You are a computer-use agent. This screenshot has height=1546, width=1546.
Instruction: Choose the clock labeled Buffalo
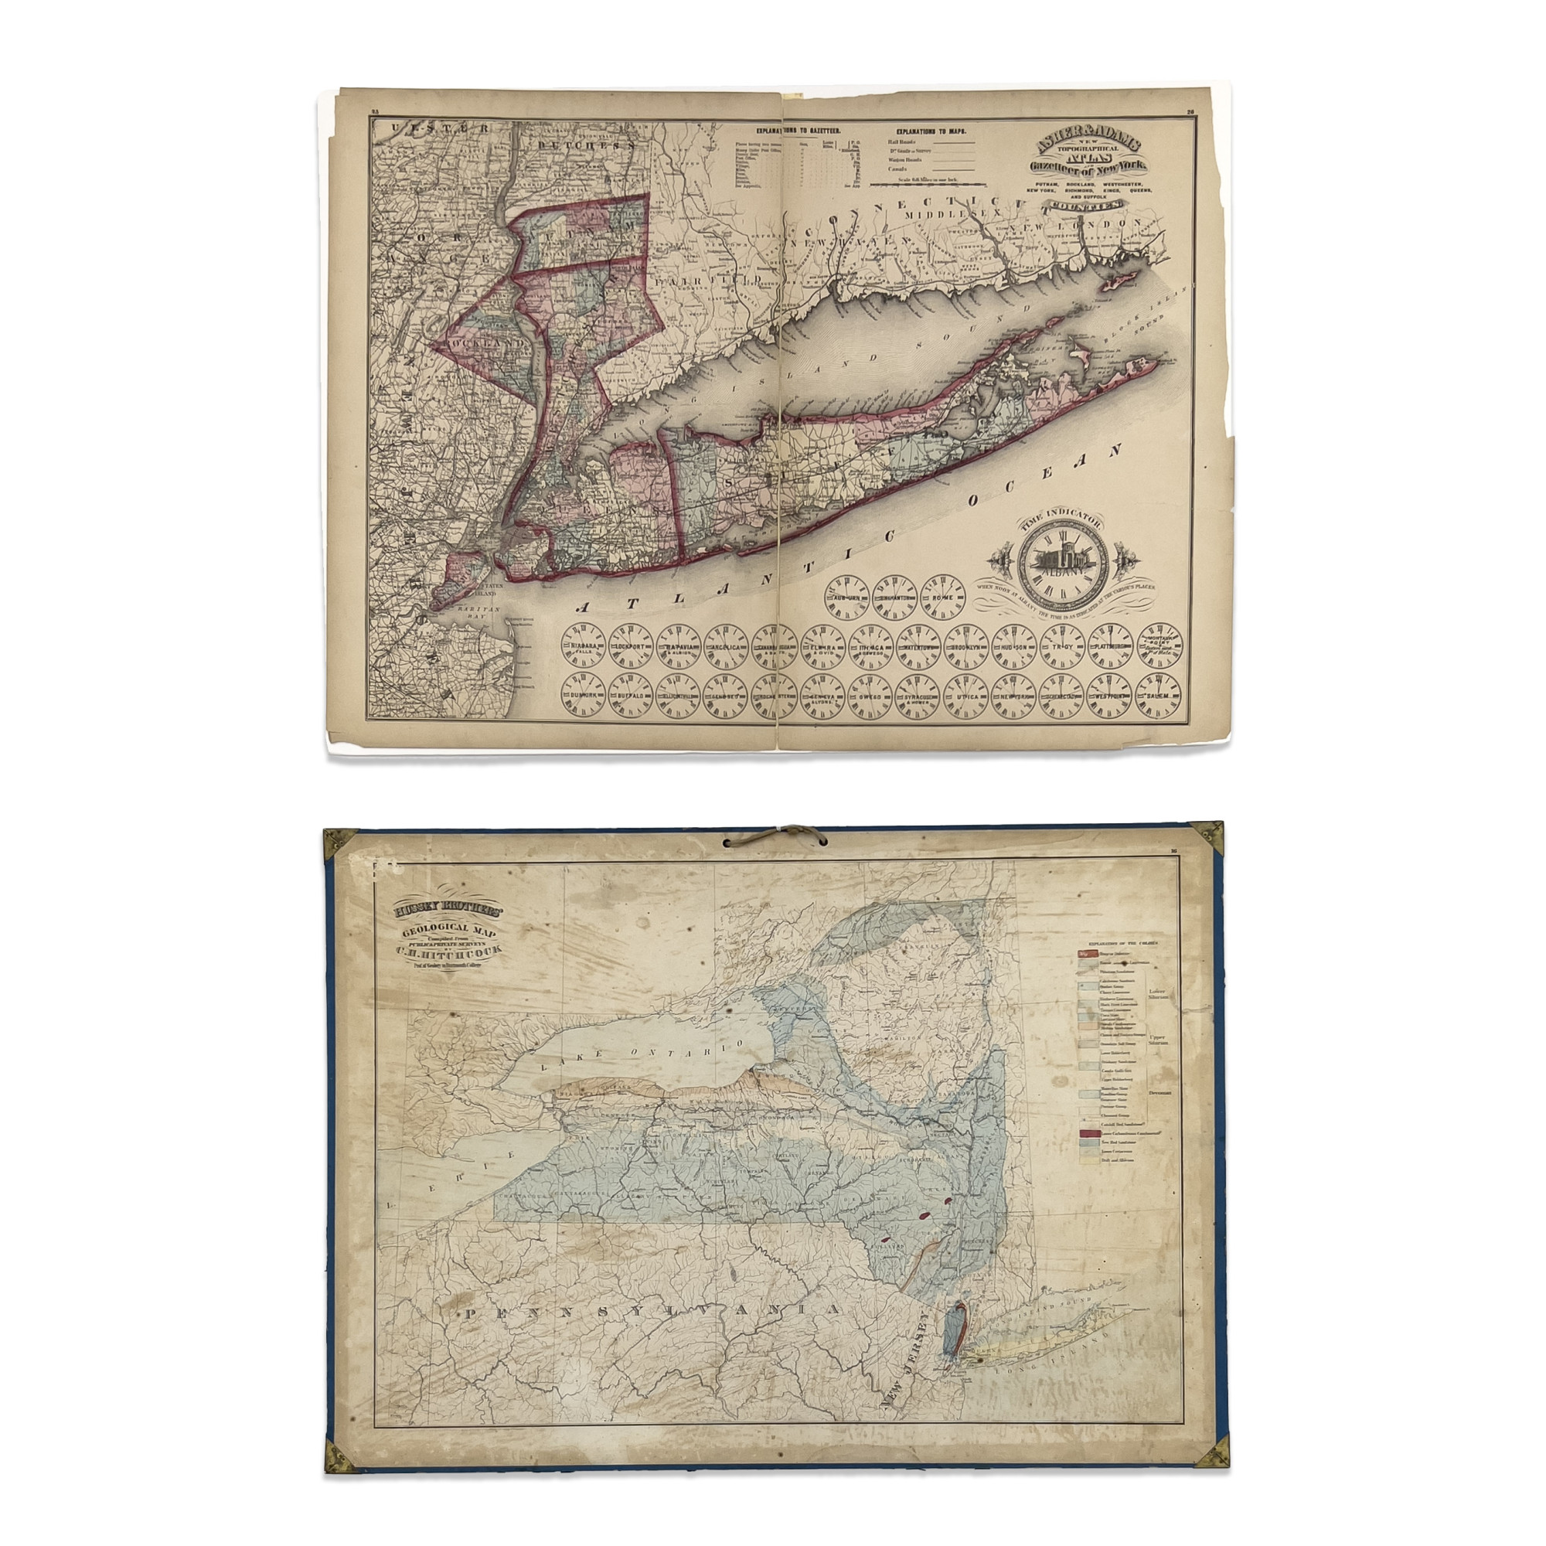coord(632,696)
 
